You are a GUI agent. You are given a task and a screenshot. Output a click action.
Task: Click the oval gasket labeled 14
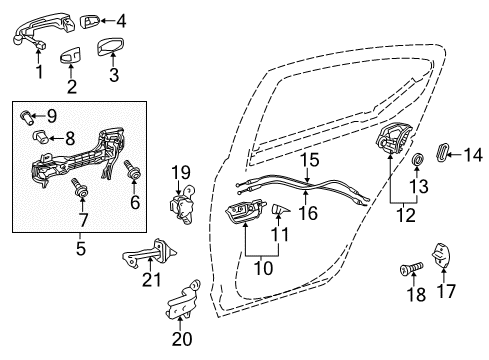pos(446,152)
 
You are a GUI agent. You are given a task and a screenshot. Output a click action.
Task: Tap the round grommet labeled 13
pos(417,160)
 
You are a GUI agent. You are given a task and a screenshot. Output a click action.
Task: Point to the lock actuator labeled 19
pos(181,210)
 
